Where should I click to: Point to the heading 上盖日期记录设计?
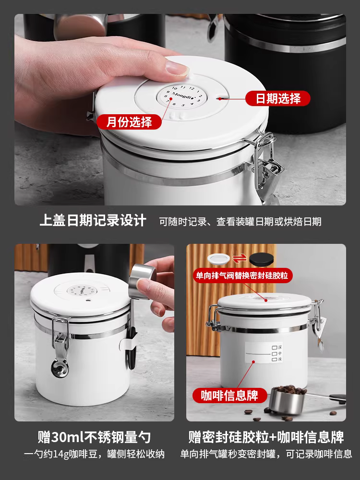(93, 221)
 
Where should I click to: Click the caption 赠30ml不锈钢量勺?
(94, 437)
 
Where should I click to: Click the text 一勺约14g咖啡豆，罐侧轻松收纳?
(94, 454)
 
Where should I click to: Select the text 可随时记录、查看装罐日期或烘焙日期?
(240, 221)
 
